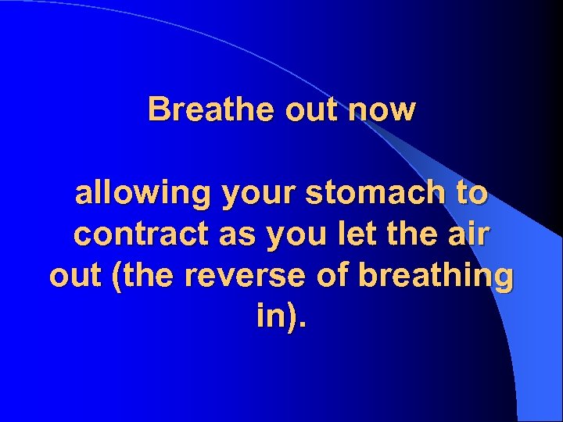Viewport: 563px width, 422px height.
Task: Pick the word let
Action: [x=346, y=234]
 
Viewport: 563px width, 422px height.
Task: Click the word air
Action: [x=468, y=234]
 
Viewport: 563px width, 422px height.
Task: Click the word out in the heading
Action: [x=312, y=110]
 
